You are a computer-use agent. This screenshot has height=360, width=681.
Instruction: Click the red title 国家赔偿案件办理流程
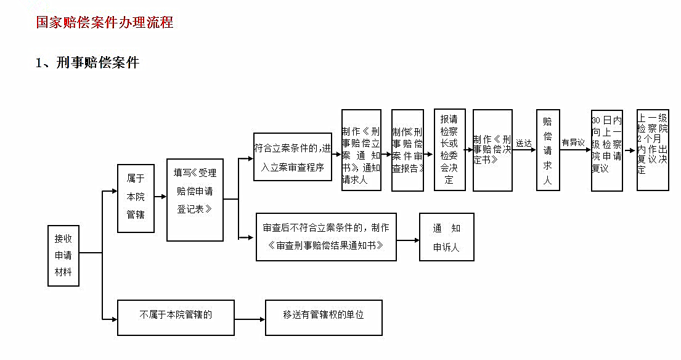105,23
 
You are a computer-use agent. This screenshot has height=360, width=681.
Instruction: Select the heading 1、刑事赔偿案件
88,62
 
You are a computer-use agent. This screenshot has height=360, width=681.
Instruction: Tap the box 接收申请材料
63,255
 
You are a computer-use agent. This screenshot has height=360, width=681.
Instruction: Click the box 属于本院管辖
136,198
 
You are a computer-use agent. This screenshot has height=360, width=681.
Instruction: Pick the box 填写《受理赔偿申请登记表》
195,200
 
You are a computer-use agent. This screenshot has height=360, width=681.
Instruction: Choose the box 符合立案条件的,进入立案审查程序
293,157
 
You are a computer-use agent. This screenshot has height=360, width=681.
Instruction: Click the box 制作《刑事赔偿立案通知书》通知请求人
361,150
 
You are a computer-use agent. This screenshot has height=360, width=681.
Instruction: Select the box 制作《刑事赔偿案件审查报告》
407,150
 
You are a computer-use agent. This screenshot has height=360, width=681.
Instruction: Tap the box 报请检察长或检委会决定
449,150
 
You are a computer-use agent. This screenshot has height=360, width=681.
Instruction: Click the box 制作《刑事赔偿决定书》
492,150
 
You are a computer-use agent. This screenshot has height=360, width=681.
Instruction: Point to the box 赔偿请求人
547,150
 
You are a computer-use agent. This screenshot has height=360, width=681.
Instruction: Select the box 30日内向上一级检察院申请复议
606,150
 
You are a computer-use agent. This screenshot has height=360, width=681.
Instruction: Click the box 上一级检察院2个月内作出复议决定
653,150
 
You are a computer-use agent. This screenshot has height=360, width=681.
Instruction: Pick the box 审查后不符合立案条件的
326,237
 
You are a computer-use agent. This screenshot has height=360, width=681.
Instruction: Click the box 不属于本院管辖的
176,317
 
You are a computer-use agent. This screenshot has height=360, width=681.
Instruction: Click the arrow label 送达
524,143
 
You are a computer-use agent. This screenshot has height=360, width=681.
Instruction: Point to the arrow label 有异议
573,142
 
